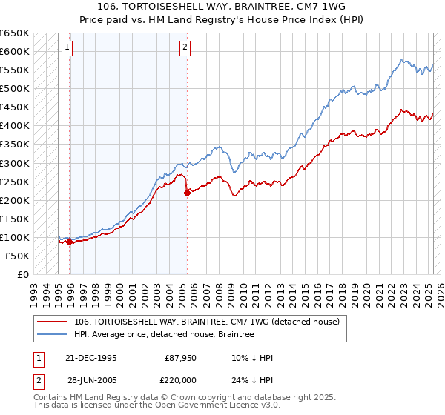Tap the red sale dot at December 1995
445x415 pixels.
click(x=69, y=241)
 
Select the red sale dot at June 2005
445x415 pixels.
click(x=187, y=193)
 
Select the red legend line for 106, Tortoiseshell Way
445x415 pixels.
click(x=52, y=322)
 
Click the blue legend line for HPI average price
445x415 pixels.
click(x=52, y=335)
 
